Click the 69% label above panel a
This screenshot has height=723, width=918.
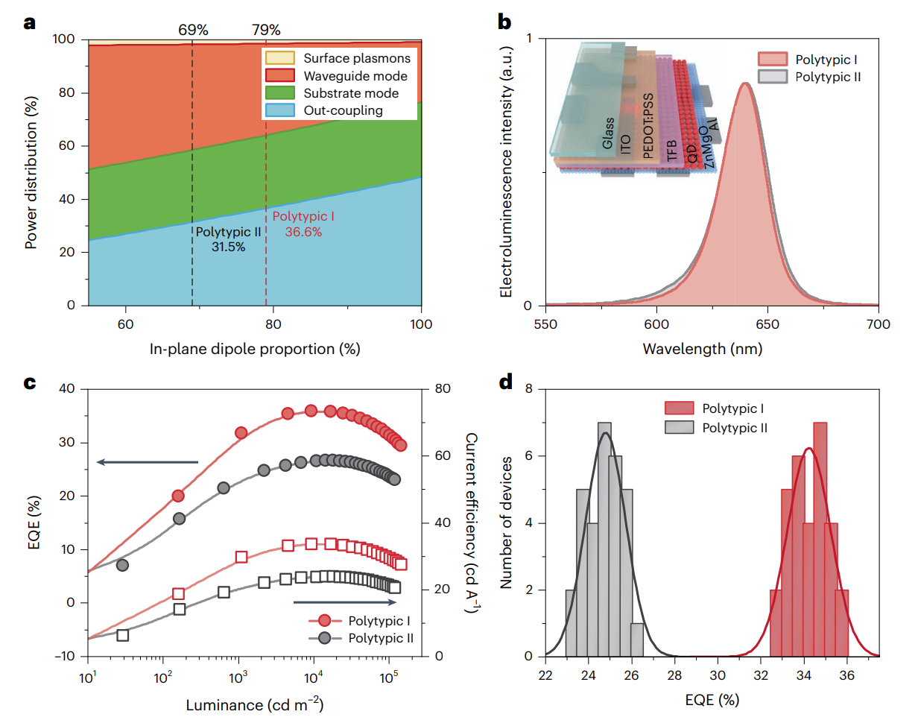[193, 30]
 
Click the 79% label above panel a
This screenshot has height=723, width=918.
[266, 30]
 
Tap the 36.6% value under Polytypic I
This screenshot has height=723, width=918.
[303, 232]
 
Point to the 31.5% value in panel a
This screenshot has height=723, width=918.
[228, 247]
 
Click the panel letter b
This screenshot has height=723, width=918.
[504, 23]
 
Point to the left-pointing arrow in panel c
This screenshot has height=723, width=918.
[148, 462]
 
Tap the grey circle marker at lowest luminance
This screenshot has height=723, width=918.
[123, 565]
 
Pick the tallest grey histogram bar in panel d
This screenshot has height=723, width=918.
[604, 539]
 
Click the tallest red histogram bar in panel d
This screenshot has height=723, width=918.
[820, 539]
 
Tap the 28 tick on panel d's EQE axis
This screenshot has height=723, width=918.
[675, 675]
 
